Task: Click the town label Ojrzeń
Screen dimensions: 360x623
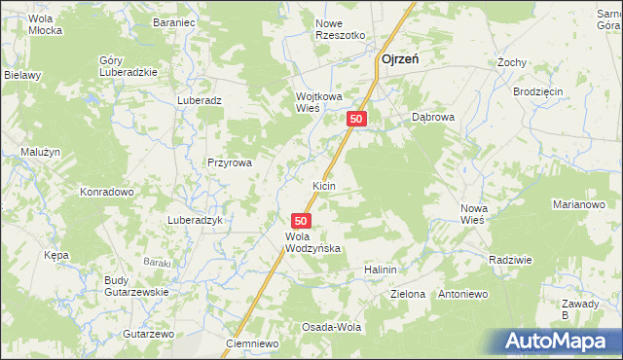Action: pyautogui.click(x=399, y=59)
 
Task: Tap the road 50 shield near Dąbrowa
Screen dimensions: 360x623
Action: pyautogui.click(x=357, y=119)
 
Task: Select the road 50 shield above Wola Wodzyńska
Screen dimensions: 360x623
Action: pyautogui.click(x=302, y=222)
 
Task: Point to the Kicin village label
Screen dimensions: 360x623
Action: pyautogui.click(x=324, y=185)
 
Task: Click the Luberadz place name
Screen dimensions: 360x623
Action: pyautogui.click(x=200, y=100)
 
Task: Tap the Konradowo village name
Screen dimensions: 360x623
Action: pyautogui.click(x=106, y=192)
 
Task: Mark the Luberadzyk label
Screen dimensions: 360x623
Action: pyautogui.click(x=197, y=220)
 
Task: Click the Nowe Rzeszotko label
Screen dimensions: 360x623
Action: pyautogui.click(x=340, y=28)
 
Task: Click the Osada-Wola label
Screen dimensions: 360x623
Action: pyautogui.click(x=331, y=327)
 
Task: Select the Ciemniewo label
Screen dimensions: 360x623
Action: pyautogui.click(x=252, y=343)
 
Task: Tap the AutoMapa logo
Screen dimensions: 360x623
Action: pyautogui.click(x=557, y=342)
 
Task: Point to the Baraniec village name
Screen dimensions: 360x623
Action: pyautogui.click(x=175, y=19)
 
